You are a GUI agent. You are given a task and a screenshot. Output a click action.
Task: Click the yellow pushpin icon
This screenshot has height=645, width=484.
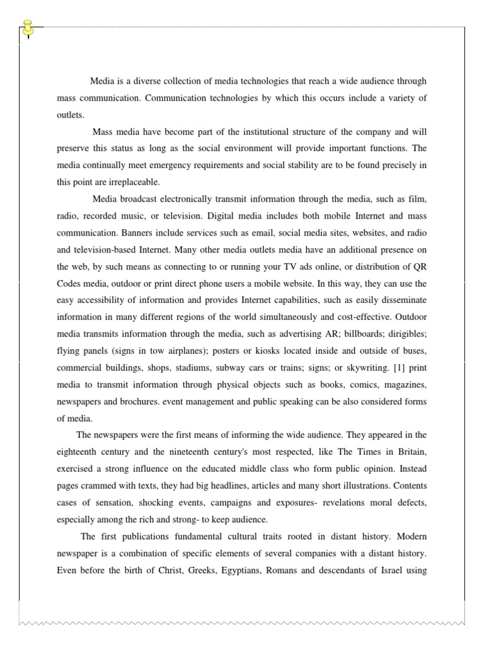click(x=28, y=27)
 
